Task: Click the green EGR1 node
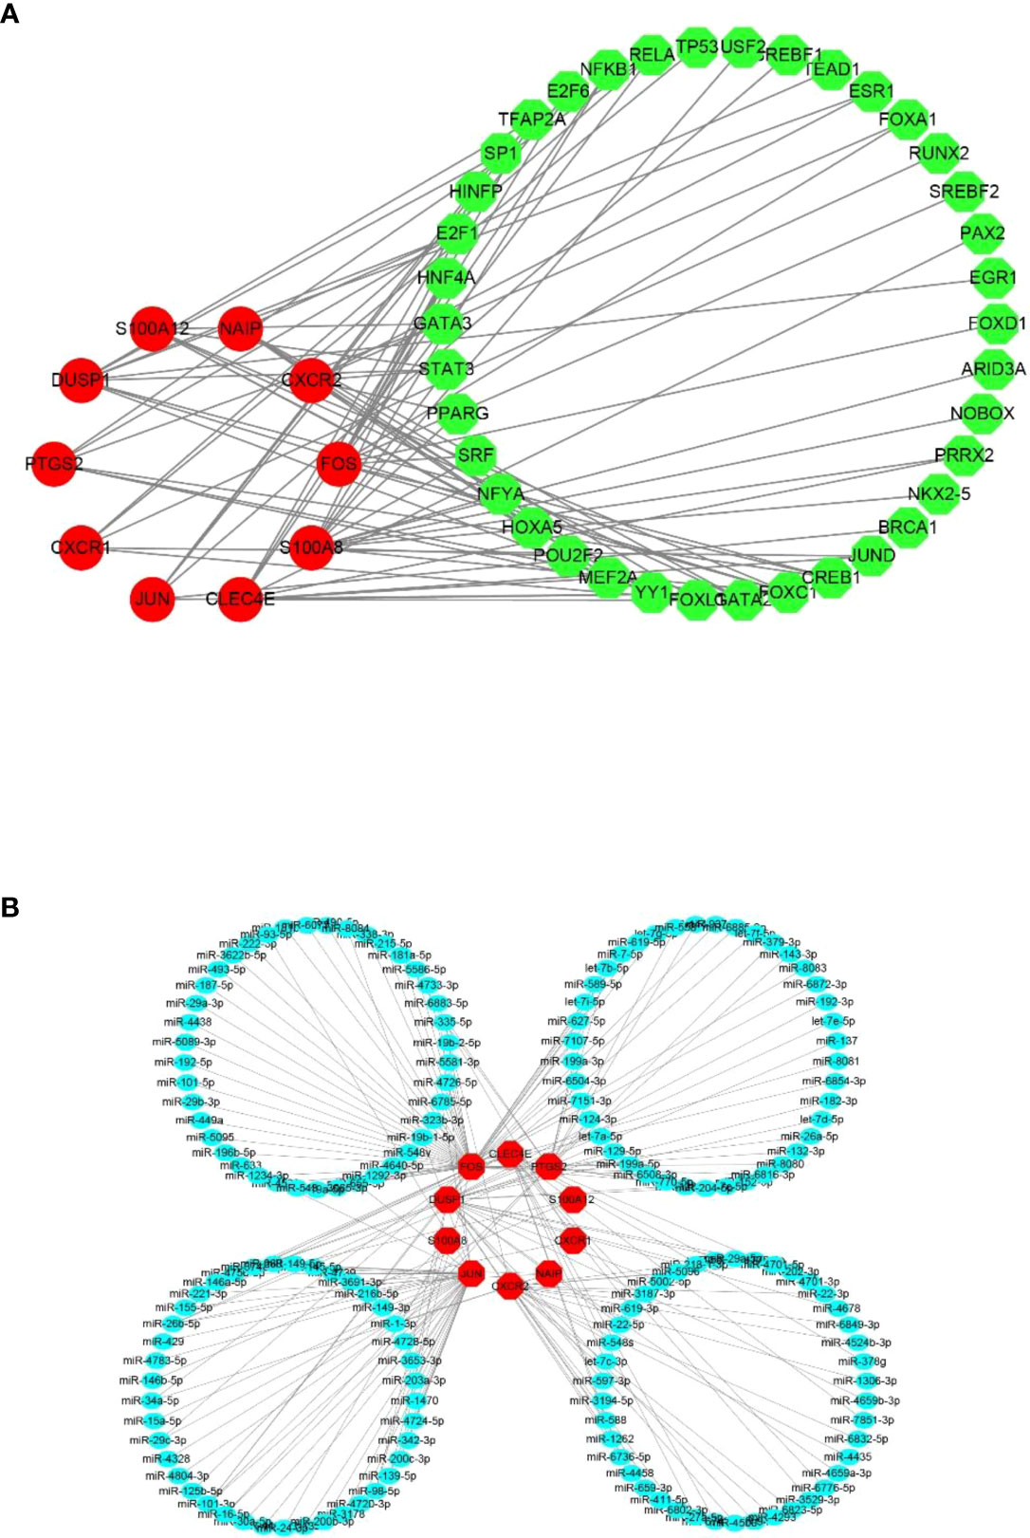(992, 278)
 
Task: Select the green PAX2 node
(982, 233)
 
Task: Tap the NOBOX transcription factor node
(983, 414)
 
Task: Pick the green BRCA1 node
(906, 527)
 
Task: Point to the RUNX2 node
(938, 154)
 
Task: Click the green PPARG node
(457, 414)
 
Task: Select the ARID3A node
(993, 369)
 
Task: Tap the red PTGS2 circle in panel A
(54, 464)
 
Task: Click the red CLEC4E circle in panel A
(240, 599)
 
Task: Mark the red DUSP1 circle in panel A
(80, 380)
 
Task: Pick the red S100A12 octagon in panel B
(571, 1200)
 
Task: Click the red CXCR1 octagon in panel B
(572, 1240)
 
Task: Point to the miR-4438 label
(188, 1022)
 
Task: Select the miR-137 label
(836, 1041)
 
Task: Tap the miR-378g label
(861, 1362)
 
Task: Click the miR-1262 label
(610, 1438)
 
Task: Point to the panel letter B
(9, 907)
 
